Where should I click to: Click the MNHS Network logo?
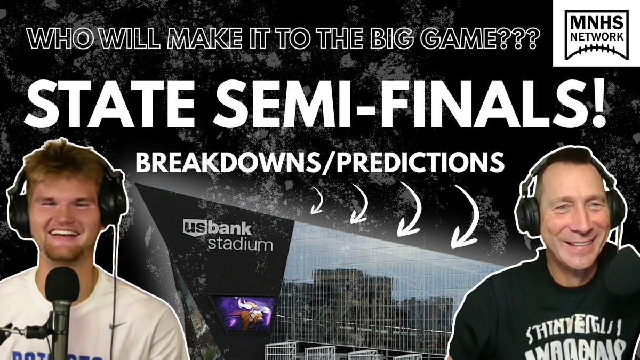(x=597, y=33)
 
